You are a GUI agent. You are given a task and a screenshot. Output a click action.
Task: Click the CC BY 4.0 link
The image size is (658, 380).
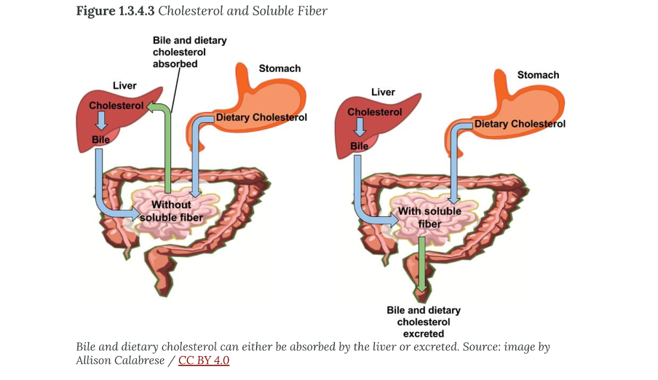[x=204, y=360]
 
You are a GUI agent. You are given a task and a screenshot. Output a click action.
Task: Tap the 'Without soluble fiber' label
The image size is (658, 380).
[x=171, y=211]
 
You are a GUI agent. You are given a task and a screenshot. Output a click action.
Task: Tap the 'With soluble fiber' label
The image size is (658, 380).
[x=429, y=218]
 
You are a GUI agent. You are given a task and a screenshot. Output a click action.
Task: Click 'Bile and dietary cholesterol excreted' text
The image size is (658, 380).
[x=424, y=322]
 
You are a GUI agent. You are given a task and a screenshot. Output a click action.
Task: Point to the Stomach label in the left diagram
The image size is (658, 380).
[x=280, y=68]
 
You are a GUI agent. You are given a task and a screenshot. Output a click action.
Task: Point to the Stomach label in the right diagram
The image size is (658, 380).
[x=538, y=75]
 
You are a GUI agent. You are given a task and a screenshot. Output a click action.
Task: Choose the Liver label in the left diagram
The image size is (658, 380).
[x=124, y=86]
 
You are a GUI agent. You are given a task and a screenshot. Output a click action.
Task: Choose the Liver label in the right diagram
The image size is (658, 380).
[x=383, y=92]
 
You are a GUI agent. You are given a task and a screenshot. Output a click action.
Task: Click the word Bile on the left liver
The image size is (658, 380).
[x=100, y=139]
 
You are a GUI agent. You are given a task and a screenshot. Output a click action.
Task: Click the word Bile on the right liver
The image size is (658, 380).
[x=360, y=146]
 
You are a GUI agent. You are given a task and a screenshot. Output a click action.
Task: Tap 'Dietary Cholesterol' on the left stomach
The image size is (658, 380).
[x=261, y=117]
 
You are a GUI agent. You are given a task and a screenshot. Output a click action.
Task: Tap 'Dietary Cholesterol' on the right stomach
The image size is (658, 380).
[x=520, y=124]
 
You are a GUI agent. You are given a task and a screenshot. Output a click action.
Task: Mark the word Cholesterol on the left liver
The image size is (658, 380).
[x=116, y=106]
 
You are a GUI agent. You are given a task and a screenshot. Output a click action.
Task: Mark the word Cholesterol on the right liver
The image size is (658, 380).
[x=375, y=112]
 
